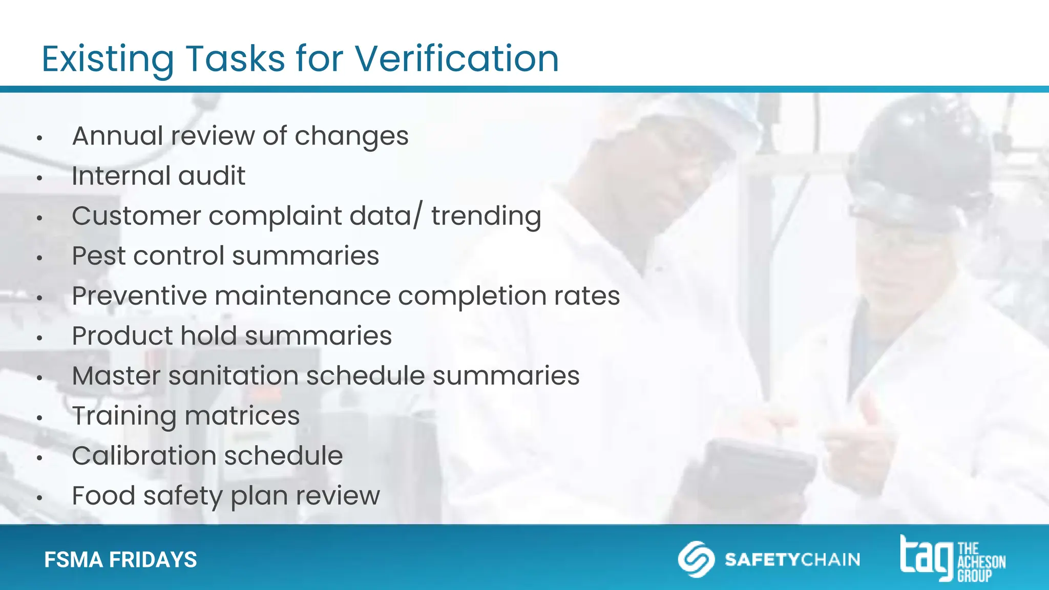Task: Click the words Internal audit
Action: click(x=158, y=176)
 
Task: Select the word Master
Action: click(x=116, y=376)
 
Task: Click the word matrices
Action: click(x=242, y=416)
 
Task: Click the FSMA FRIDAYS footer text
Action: click(x=120, y=560)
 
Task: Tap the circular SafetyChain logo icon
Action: click(x=696, y=559)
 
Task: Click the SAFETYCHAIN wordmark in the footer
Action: click(x=792, y=559)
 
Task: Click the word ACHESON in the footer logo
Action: click(x=981, y=562)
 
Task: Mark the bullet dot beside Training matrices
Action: click(x=39, y=418)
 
